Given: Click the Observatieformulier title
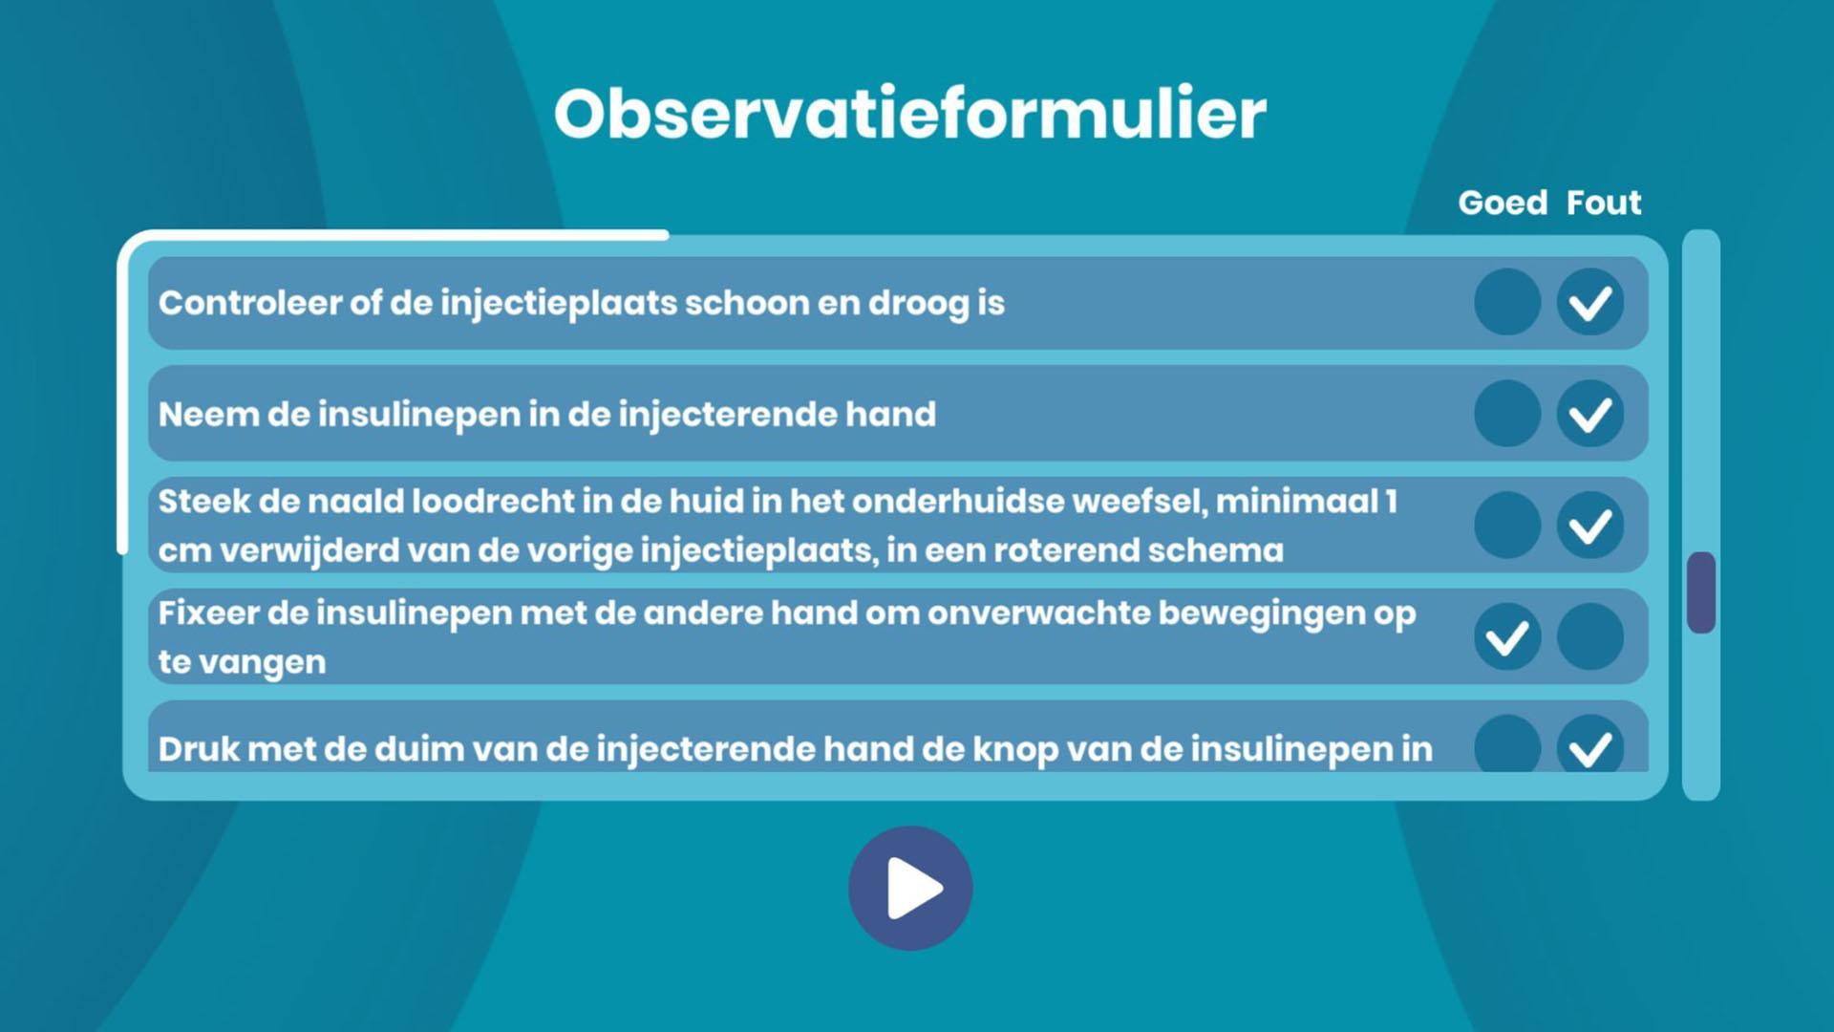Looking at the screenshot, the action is point(910,114).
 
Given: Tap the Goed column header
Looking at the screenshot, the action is point(1503,203).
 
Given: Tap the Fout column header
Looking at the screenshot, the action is point(1604,203).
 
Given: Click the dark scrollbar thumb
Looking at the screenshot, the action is point(1701,592).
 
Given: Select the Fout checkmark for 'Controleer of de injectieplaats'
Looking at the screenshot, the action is point(1590,303).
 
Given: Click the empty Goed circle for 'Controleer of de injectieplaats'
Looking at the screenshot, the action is point(1507,303).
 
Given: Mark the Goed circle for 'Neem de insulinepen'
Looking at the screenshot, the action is point(1507,414).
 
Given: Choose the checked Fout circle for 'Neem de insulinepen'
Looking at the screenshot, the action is point(1590,414).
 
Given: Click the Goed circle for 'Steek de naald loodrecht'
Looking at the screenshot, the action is point(1507,526).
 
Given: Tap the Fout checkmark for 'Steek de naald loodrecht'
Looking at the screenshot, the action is point(1590,526).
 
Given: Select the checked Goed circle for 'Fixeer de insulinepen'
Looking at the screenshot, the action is point(1507,637).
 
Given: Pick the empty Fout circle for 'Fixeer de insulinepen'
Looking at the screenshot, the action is point(1590,637).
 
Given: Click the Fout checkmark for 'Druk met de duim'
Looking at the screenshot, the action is point(1590,744).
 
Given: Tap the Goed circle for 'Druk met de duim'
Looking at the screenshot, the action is point(1507,744).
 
